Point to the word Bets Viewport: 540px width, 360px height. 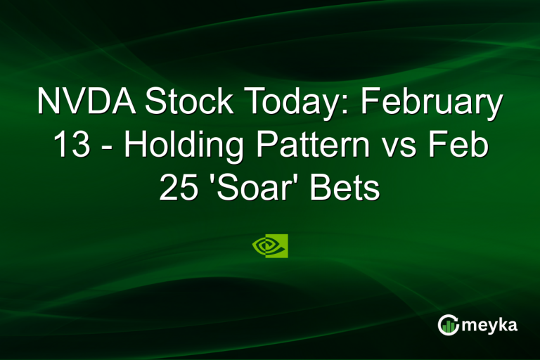[x=350, y=188]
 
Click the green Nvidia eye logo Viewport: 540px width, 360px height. [x=270, y=245]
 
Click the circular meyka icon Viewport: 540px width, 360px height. [x=448, y=325]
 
